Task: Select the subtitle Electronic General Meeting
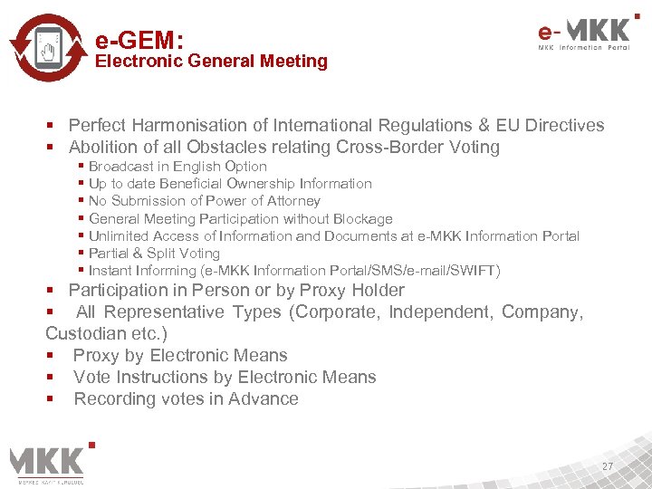click(x=211, y=62)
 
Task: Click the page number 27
click(x=608, y=466)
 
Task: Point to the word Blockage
click(x=362, y=218)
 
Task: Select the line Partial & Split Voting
click(x=154, y=254)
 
